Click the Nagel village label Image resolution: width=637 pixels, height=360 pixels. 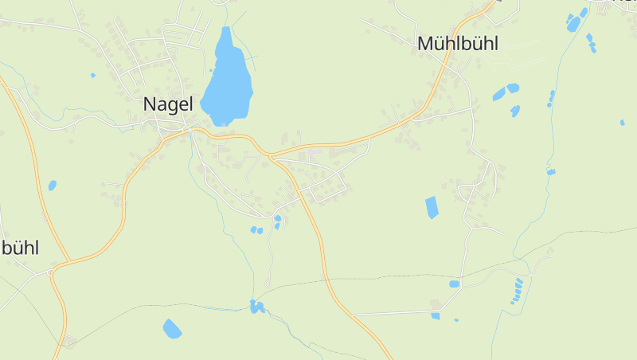168,104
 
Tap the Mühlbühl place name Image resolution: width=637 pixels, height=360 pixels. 457,44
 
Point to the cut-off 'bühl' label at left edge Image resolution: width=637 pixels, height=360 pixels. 19,248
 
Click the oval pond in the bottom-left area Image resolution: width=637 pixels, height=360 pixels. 172,327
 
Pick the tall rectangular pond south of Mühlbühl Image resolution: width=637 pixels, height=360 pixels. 432,207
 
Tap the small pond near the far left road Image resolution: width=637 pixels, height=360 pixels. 53,186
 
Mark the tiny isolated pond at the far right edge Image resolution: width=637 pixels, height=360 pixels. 622,123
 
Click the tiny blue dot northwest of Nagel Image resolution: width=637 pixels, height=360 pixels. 92,76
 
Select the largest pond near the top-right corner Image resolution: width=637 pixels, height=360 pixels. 574,23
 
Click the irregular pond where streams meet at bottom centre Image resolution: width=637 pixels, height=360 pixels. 256,306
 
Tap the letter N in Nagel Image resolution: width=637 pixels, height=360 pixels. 150,104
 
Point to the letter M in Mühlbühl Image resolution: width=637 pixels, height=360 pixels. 425,44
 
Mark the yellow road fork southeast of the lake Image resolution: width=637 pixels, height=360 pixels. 270,155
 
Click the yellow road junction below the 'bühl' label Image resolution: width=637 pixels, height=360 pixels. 53,271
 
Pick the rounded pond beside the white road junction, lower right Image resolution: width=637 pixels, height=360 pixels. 454,284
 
